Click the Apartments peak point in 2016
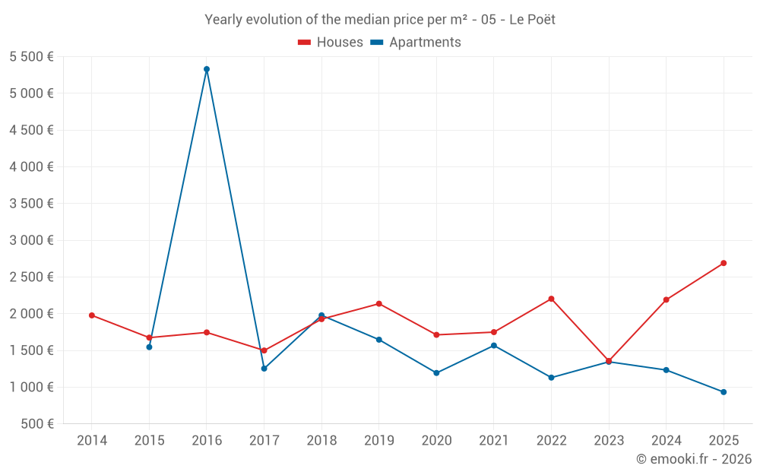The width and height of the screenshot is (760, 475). coord(207,69)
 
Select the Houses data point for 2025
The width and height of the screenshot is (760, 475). coord(724,263)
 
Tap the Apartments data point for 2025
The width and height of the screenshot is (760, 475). coord(724,392)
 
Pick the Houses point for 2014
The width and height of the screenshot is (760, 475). coord(92,315)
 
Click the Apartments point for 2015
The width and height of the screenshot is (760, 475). coord(149,347)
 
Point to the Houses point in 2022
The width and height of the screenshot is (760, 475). coord(551,299)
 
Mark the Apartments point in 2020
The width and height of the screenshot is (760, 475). coord(436,373)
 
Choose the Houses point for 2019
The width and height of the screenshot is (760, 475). coord(379,304)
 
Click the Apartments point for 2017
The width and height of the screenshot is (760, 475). coord(264,369)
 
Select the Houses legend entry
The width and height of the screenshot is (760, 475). coord(331,43)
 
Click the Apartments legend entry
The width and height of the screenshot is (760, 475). coord(416,43)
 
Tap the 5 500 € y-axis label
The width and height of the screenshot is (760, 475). coord(31,57)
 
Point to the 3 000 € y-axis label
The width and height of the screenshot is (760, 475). coord(31,240)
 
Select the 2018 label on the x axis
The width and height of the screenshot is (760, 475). coord(321,440)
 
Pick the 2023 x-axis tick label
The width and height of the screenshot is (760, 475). coord(609,440)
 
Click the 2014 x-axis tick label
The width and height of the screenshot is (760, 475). coord(92,440)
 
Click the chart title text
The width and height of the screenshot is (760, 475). coord(380,20)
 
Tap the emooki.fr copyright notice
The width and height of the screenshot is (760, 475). coord(694,459)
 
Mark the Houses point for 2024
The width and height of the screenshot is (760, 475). coord(666,299)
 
